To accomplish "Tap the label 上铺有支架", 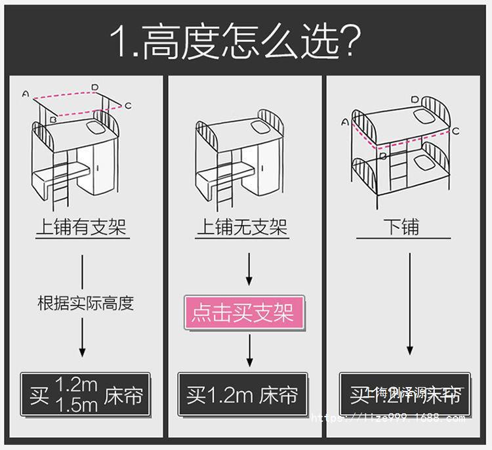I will click(x=81, y=227).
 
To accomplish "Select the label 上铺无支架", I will click(x=242, y=227).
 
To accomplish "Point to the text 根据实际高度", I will click(x=85, y=303).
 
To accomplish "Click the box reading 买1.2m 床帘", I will click(x=243, y=396).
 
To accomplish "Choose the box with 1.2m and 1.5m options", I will click(x=85, y=396).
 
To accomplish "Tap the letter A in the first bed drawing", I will click(x=25, y=94).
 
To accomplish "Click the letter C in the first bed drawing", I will click(x=128, y=106).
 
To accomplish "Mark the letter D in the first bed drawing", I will click(x=95, y=87).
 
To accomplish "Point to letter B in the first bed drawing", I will click(x=53, y=120).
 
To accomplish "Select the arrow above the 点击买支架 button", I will click(x=249, y=270).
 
